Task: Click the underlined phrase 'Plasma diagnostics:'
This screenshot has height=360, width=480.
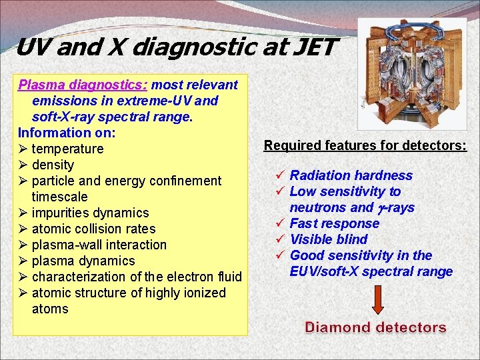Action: click(x=83, y=85)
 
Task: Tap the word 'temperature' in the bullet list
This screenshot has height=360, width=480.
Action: click(x=67, y=149)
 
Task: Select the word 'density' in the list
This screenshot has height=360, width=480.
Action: click(x=53, y=165)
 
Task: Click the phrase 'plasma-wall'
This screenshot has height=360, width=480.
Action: click(x=66, y=245)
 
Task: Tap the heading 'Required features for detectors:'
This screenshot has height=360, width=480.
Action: click(x=365, y=145)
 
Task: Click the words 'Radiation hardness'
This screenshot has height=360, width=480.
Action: click(x=351, y=175)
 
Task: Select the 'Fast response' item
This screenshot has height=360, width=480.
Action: click(x=334, y=223)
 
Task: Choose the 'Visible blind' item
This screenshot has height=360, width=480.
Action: click(x=329, y=239)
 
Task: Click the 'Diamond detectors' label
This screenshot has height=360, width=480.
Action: click(x=375, y=327)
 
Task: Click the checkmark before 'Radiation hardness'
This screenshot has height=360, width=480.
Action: click(x=281, y=175)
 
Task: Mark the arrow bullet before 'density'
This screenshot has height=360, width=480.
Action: click(x=23, y=165)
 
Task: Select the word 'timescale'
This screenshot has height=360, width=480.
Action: click(x=60, y=197)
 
